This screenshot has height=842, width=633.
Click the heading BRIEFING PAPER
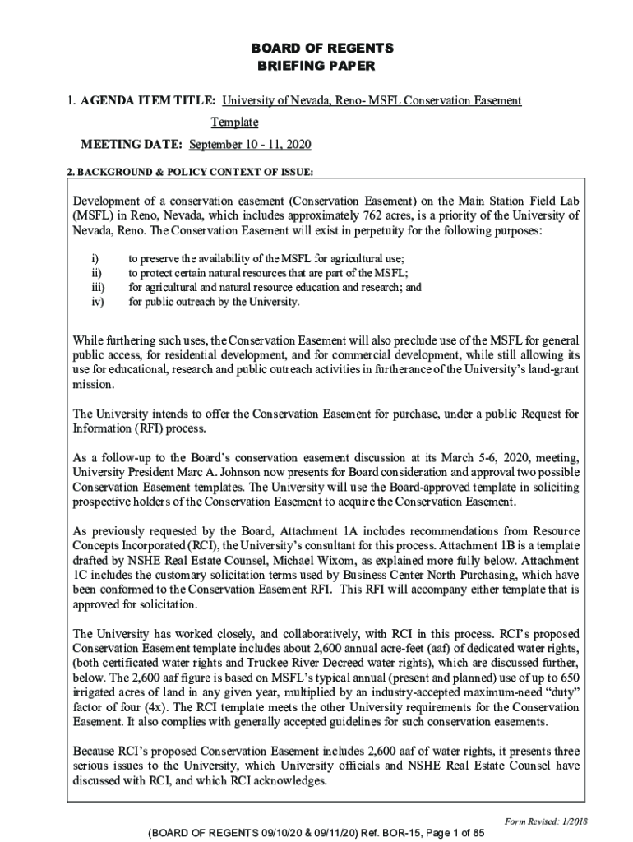coord(316,66)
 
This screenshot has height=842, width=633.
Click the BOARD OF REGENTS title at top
coord(316,48)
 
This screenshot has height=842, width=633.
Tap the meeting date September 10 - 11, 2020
coord(250,145)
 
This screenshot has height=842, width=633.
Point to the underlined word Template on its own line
coord(234,123)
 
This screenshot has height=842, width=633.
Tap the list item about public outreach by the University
coord(214,302)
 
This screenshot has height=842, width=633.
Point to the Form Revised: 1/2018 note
coord(544,821)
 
